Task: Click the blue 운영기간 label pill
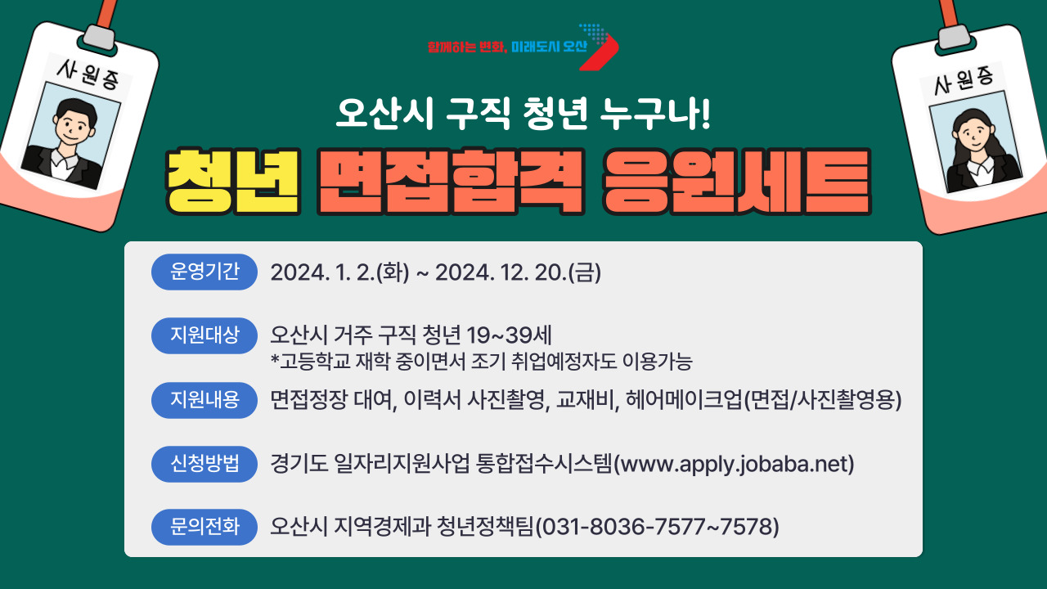tap(204, 272)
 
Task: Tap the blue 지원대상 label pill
tap(204, 335)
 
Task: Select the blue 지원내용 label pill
tap(204, 400)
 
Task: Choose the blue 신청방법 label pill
tap(204, 464)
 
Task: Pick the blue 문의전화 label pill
tap(204, 527)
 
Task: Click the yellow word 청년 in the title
tap(233, 182)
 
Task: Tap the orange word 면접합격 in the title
tap(451, 182)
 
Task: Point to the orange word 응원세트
tap(737, 182)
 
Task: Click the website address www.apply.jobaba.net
tap(734, 465)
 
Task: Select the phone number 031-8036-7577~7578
tap(657, 527)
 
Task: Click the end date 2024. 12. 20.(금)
tap(518, 272)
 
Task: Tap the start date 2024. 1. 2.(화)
tap(339, 272)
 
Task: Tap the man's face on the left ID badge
tap(74, 124)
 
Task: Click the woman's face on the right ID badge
tap(973, 133)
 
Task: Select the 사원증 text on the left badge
tap(88, 74)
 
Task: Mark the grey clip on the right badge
tap(954, 36)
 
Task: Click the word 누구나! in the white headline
tap(655, 114)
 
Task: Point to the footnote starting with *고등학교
tap(482, 362)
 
